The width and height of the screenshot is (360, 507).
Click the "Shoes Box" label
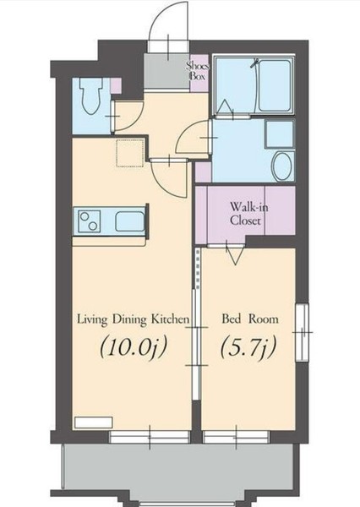click(x=198, y=71)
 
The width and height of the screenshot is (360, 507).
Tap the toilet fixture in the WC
click(x=92, y=95)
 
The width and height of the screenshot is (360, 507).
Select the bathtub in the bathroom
click(x=275, y=85)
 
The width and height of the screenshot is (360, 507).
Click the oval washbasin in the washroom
click(x=282, y=166)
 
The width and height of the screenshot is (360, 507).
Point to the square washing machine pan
click(x=280, y=134)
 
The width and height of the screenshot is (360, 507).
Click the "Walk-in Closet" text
click(x=248, y=214)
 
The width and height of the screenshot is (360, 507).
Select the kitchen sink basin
click(x=129, y=221)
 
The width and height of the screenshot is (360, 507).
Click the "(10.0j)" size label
click(x=133, y=347)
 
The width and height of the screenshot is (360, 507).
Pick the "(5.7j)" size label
click(x=248, y=347)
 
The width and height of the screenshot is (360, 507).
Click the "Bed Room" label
click(x=249, y=319)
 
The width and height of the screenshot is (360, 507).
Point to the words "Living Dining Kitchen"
click(x=133, y=319)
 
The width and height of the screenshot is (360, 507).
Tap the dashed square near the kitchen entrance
click(x=130, y=153)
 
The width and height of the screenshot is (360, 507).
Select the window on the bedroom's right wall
click(x=302, y=332)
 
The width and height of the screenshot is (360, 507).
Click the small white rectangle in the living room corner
click(x=94, y=422)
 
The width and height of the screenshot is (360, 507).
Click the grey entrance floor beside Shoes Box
click(x=166, y=71)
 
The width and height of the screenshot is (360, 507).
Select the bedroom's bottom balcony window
click(x=236, y=437)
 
